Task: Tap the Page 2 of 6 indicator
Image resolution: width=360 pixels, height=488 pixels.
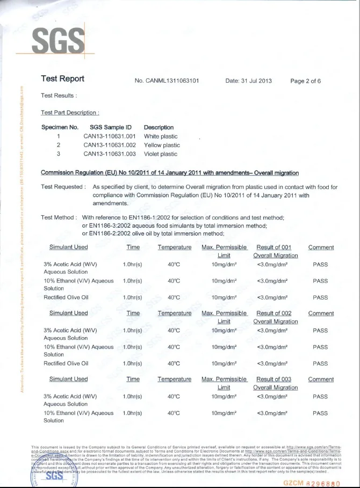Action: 305,81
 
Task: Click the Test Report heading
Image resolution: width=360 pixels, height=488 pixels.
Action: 62,79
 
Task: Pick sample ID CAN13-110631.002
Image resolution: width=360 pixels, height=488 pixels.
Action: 110,145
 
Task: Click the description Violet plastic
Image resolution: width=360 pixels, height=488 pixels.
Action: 160,154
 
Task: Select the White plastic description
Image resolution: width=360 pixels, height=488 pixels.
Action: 162,136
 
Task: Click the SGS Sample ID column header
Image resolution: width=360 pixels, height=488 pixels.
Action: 111,127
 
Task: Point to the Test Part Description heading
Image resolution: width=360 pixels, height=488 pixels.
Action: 70,113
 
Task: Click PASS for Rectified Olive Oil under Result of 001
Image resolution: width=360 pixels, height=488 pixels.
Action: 320,297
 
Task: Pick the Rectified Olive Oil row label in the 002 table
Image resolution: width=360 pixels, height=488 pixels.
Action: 66,363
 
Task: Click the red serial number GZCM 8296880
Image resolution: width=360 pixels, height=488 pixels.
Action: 312,483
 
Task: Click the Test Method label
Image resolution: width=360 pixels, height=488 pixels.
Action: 59,217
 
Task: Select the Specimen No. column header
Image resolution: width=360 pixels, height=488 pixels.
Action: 60,127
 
